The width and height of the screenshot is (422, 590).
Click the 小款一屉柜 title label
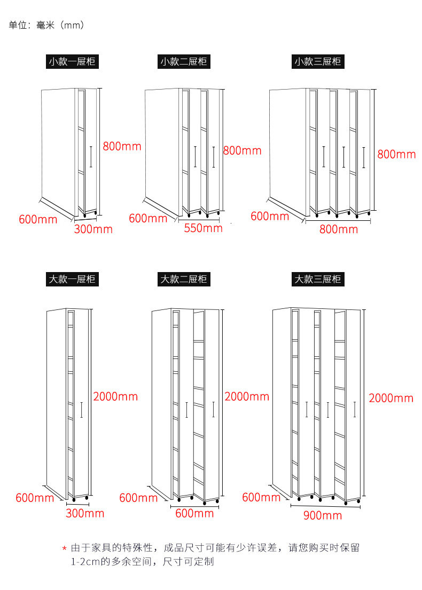(72, 61)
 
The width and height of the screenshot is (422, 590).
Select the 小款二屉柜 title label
(184, 61)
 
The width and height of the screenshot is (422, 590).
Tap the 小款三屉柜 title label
(318, 61)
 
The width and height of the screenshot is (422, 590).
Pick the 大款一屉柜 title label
(72, 279)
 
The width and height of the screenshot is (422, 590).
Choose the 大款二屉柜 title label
(184, 279)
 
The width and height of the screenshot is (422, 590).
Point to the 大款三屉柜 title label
(318, 279)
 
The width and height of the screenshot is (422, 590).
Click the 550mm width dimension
(204, 228)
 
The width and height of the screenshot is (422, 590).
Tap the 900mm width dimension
(323, 515)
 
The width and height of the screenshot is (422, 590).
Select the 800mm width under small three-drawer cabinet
(339, 229)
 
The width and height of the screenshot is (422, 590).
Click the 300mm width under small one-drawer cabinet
(93, 229)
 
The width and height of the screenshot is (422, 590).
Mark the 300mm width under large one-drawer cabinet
(85, 513)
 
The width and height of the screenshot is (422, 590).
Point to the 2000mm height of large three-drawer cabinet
(391, 398)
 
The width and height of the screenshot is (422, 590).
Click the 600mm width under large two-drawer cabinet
(194, 513)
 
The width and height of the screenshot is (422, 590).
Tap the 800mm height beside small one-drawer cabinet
(122, 146)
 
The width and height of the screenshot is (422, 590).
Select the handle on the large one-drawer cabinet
(81, 410)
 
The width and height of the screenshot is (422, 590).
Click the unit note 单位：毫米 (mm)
(46, 25)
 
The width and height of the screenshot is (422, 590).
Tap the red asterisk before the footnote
(65, 548)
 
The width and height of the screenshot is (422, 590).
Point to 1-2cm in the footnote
(85, 562)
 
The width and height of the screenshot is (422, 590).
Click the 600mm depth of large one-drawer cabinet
(35, 498)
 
